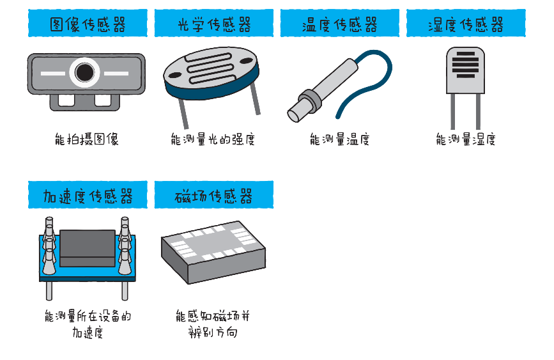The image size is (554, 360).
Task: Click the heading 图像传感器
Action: point(88,24)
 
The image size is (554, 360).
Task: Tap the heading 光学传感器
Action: point(213,24)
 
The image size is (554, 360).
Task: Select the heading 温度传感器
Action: point(339,24)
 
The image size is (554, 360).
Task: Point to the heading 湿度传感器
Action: point(466,24)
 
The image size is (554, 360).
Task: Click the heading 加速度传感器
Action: point(88,195)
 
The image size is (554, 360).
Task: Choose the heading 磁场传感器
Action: point(213,195)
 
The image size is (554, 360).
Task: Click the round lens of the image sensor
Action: point(85,72)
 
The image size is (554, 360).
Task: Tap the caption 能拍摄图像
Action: point(87,139)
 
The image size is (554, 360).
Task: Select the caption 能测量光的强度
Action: point(213,139)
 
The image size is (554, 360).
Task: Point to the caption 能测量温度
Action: point(339,139)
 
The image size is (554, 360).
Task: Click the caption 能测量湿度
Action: point(466,139)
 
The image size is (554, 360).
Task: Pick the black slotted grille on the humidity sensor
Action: point(465,65)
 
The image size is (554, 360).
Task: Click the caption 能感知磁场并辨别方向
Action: point(213,324)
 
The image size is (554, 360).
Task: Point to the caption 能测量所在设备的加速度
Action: point(88,324)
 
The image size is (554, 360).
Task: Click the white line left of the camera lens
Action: point(54,73)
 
